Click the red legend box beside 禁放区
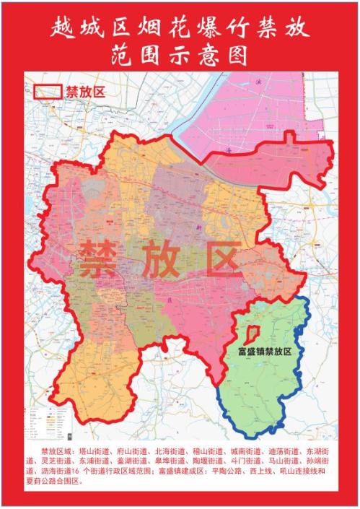(48, 92)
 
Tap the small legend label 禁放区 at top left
(85, 92)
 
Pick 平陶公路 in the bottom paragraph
(239, 471)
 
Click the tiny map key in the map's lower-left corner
(45, 423)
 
